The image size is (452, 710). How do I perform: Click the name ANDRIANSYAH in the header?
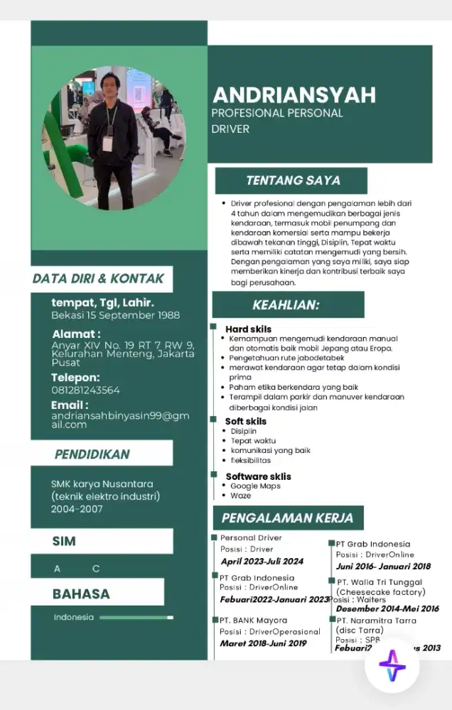click(294, 96)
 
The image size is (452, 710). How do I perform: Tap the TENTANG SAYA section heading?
click(293, 180)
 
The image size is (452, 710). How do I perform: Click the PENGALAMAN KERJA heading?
click(287, 518)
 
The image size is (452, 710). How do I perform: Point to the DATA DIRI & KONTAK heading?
click(98, 278)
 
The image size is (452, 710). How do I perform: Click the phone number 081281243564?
click(85, 390)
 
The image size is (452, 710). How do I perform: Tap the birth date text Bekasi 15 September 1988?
click(115, 315)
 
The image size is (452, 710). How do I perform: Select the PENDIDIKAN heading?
click(92, 454)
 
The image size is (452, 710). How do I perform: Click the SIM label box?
click(101, 541)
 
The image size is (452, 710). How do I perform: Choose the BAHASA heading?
click(81, 594)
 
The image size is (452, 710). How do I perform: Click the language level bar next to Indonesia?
click(136, 618)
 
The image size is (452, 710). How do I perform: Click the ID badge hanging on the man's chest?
click(108, 143)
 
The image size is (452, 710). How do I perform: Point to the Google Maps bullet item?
click(255, 486)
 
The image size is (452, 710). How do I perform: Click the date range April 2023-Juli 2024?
click(262, 561)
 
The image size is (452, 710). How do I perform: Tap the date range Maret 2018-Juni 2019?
click(263, 643)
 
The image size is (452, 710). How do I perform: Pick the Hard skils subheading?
click(248, 329)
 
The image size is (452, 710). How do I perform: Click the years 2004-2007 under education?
click(77, 508)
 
